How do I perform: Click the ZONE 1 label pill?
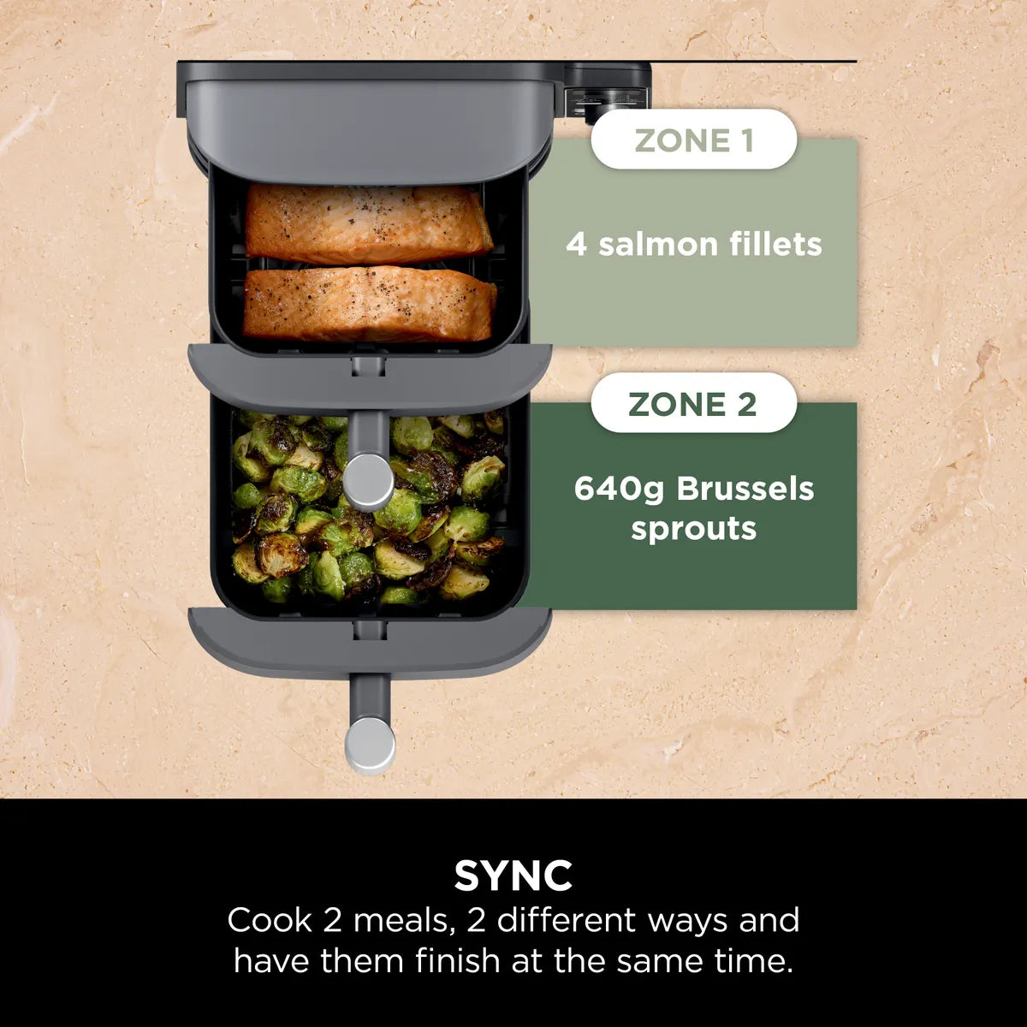point(693,140)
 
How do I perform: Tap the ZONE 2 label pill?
point(693,403)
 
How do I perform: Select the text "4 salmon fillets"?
point(693,245)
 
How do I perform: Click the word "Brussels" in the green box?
point(745,490)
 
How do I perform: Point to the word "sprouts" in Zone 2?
point(693,528)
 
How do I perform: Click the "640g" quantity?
point(620,490)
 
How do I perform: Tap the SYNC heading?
point(513,876)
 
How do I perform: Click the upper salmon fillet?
point(368,223)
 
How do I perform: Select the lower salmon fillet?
point(370,304)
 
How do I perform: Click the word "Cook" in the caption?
point(270,921)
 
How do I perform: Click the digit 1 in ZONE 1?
point(746,140)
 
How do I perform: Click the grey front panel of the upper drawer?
point(370,377)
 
